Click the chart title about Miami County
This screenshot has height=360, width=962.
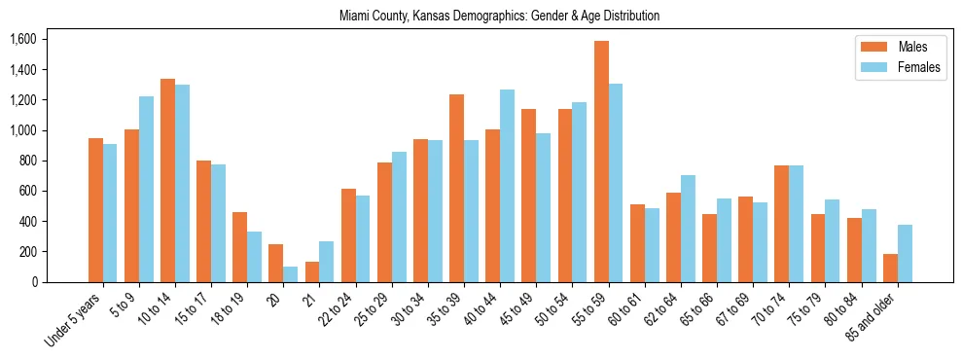[x=499, y=17]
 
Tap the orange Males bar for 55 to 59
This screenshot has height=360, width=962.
[x=601, y=162]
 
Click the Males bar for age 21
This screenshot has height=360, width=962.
[x=312, y=271]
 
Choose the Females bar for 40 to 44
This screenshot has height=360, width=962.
[x=507, y=186]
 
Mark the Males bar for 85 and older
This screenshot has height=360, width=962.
[x=890, y=268]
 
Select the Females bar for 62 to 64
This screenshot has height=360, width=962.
[x=688, y=229]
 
